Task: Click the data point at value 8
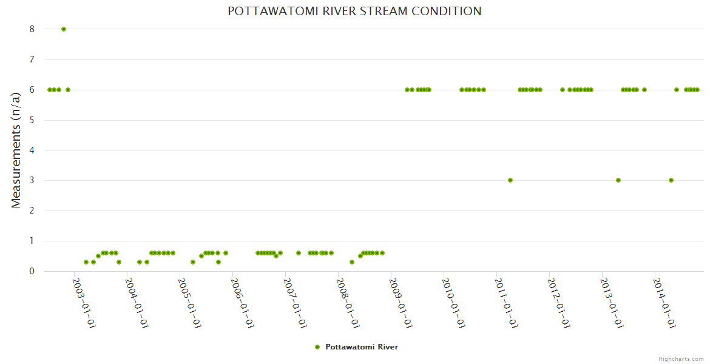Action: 64,29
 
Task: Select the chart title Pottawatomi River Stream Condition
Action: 354,11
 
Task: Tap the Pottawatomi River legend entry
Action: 362,347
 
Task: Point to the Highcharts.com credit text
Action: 681,359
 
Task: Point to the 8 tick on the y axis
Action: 32,29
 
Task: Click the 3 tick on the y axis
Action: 32,180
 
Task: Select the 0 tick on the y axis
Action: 32,271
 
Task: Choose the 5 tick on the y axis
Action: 32,120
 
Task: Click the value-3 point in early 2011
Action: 510,180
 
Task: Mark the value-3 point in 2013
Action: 618,180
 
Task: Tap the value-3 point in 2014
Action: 671,180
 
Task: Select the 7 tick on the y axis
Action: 32,59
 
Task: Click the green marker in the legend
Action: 317,347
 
